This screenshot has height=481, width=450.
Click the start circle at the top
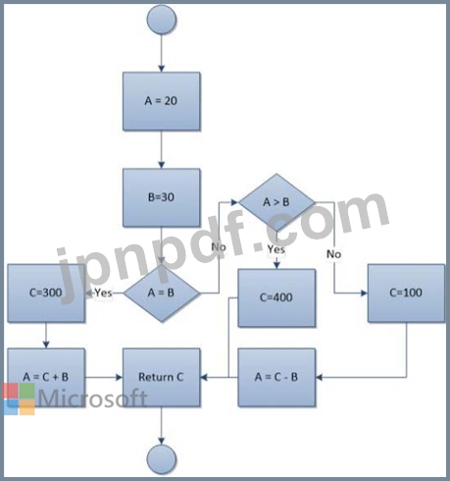pos(162,20)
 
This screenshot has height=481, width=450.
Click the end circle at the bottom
pos(162,459)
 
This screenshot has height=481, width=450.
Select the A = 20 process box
pos(162,101)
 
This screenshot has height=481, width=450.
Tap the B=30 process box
pos(162,197)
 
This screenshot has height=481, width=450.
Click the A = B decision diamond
pos(162,293)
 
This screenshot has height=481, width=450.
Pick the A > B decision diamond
pos(276,202)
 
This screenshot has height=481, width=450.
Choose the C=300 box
pos(46,294)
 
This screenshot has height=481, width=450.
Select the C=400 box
pos(276,297)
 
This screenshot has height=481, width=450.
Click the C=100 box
pos(406,294)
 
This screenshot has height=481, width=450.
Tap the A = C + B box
pos(46,377)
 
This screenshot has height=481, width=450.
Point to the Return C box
pos(162,377)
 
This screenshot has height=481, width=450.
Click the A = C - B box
pos(276,377)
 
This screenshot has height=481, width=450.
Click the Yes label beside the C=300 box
pos(103,293)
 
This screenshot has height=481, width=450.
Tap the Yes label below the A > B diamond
pos(276,249)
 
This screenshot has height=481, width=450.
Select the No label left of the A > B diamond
pos(219,246)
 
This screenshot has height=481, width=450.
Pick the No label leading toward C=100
pos(333,254)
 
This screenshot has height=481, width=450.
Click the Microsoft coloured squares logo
pos(19,400)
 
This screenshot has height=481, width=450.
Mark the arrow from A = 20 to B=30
pos(162,149)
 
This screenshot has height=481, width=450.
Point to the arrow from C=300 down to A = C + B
pos(46,336)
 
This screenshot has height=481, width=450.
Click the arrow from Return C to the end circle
pos(162,425)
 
